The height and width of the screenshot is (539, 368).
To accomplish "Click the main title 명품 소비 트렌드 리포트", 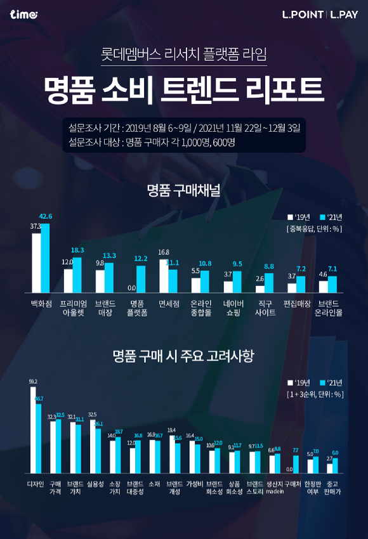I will [184, 89].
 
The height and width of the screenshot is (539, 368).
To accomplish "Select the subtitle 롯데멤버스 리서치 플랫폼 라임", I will [184, 55].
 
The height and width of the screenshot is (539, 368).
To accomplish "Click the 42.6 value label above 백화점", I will [46, 217].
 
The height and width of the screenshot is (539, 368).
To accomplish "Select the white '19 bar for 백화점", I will [36, 263].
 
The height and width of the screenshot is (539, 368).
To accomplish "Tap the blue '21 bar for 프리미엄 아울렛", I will [77, 275].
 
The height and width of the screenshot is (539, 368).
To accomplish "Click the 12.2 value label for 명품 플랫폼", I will [141, 259].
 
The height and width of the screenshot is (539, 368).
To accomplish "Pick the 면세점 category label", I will [168, 304].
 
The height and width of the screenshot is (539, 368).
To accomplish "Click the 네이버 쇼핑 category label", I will [232, 308].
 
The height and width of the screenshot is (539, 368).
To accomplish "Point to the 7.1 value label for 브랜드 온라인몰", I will [332, 269].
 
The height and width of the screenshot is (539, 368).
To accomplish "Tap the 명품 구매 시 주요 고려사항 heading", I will [184, 356].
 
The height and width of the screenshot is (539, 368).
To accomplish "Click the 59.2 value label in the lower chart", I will [33, 382].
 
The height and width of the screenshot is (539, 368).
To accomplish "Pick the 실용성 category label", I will [95, 484].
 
